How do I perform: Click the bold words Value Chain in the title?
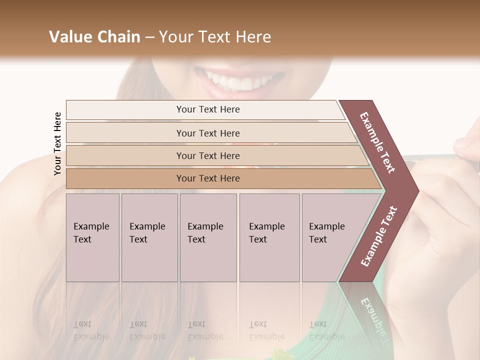[94, 37]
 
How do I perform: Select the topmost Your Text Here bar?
[207, 109]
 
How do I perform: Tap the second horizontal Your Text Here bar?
[207, 133]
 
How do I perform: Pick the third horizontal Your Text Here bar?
[207, 155]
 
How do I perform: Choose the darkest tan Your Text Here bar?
[207, 178]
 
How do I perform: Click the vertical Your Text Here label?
[57, 144]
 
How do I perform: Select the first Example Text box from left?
[92, 237]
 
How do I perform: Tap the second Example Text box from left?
[149, 237]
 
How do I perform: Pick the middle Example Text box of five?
[208, 237]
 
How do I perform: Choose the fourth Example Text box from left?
[269, 237]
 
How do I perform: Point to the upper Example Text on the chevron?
[377, 142]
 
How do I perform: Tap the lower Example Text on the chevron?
[379, 236]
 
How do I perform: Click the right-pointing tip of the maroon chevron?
[416, 190]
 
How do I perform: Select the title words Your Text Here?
[215, 37]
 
